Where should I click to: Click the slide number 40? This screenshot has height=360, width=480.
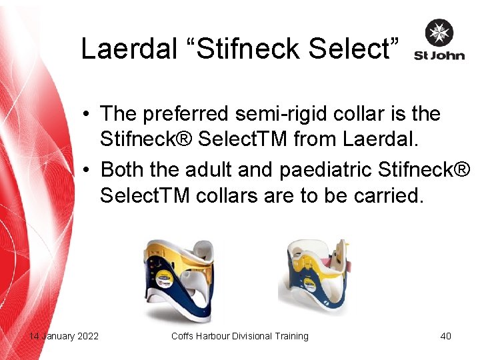pyautogui.click(x=445, y=336)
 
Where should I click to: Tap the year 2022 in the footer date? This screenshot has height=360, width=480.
pyautogui.click(x=87, y=336)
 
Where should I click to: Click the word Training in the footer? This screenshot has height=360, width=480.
pyautogui.click(x=290, y=336)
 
